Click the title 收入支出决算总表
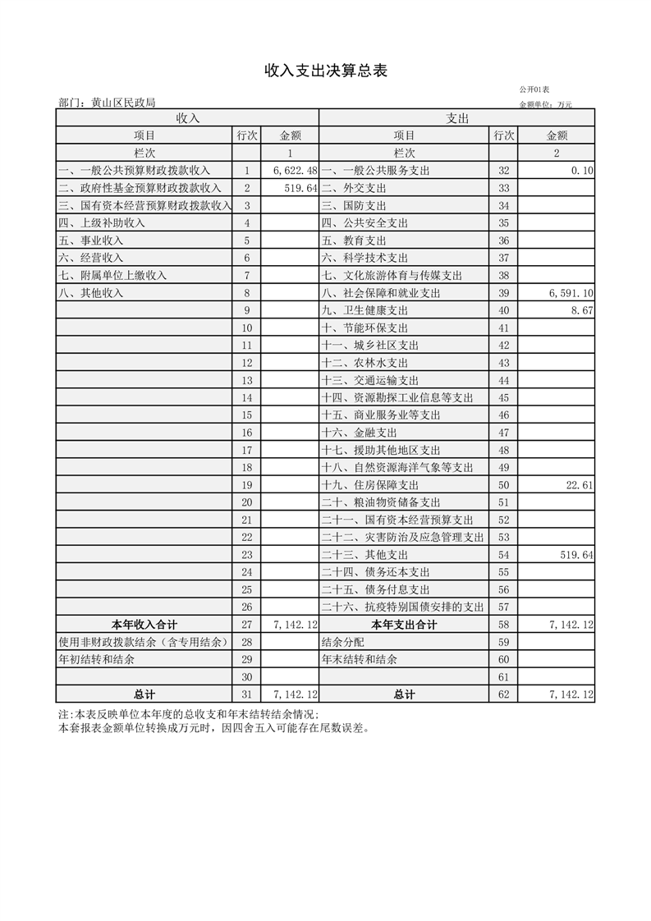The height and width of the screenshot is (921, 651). click(325, 71)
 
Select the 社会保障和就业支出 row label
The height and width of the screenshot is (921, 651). click(381, 293)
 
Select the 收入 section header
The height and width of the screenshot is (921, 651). click(188, 118)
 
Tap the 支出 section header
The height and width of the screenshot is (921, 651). click(457, 118)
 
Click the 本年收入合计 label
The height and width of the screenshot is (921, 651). click(144, 625)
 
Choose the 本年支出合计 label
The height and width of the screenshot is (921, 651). click(404, 625)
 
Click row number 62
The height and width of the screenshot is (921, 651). click(503, 694)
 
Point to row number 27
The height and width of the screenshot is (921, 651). click(246, 625)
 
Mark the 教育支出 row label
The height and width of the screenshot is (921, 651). click(354, 241)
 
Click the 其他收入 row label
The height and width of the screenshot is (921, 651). click(91, 293)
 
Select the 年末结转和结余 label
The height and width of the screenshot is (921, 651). click(359, 660)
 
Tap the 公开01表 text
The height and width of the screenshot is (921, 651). click(534, 89)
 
